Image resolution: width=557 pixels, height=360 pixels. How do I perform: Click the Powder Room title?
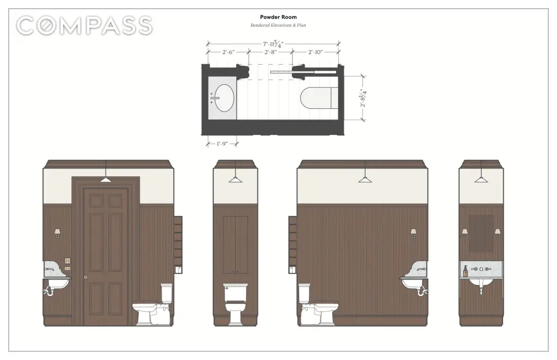[278, 17]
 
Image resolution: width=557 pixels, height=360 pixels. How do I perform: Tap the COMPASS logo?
[84, 26]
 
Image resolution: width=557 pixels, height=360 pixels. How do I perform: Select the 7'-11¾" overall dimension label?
[273, 44]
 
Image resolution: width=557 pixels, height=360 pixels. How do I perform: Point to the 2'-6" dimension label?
[228, 52]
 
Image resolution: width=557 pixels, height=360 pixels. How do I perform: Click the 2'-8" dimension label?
[270, 52]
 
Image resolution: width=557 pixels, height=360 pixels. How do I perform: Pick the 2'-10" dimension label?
[315, 52]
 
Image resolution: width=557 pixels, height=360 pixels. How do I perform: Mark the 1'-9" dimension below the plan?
[222, 144]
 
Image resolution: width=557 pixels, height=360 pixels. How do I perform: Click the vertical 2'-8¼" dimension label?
[363, 98]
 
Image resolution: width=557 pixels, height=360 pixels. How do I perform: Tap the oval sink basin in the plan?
[224, 98]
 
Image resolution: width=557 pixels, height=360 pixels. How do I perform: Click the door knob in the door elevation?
[85, 277]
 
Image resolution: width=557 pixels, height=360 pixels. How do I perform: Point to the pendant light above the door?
[106, 179]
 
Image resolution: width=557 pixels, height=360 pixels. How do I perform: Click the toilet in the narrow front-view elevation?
[235, 304]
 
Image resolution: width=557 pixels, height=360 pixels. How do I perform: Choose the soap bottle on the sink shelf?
[466, 271]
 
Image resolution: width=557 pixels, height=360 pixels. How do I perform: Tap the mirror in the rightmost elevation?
[481, 233]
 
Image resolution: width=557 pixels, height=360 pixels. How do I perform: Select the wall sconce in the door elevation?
[57, 233]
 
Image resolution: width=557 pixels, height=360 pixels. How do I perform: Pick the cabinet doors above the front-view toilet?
[235, 244]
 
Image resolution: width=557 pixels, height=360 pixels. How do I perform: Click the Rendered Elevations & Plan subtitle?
[278, 25]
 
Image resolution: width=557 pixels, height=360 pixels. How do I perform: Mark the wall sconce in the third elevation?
[413, 233]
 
